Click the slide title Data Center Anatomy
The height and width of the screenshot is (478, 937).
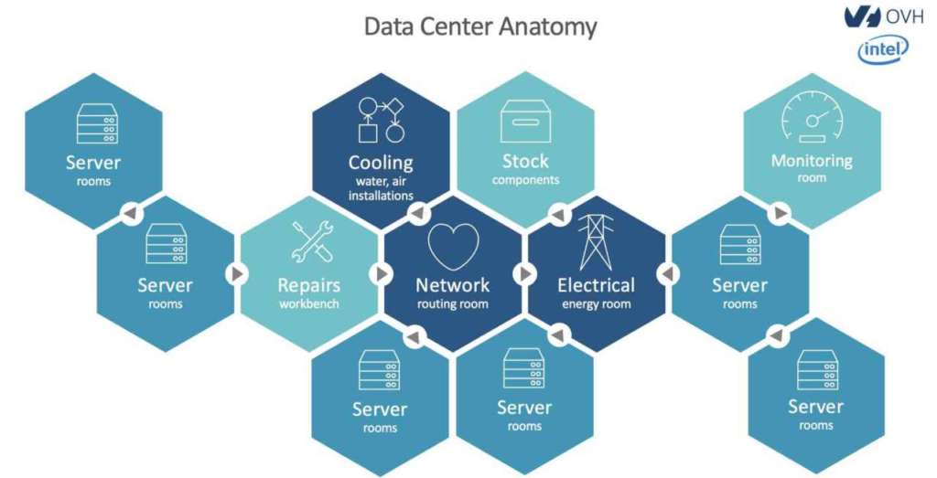click(479, 26)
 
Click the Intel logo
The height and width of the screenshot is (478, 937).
click(883, 50)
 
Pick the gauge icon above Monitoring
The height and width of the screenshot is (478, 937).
click(812, 121)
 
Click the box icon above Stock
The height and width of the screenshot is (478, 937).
click(525, 121)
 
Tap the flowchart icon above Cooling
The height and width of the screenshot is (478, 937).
click(381, 121)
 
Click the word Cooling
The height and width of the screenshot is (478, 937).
click(381, 163)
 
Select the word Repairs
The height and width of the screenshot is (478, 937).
click(309, 285)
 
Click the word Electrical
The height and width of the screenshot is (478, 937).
click(596, 285)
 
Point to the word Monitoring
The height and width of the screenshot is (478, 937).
click(812, 161)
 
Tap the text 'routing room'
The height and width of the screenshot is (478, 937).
click(453, 304)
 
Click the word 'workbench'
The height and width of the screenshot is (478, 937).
click(309, 303)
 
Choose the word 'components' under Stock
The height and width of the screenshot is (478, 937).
click(525, 180)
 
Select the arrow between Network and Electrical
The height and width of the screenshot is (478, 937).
click(525, 273)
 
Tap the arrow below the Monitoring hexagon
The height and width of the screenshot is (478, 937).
click(778, 214)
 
